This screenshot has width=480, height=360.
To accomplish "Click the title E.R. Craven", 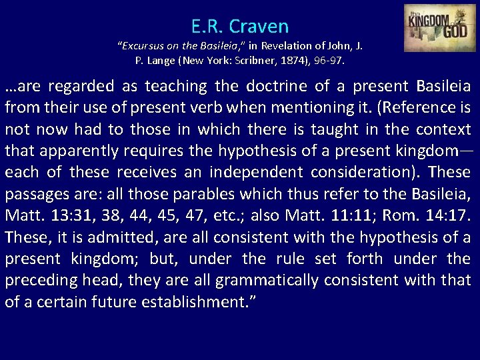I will (x=240, y=27).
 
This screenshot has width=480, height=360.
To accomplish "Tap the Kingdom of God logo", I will (x=439, y=28).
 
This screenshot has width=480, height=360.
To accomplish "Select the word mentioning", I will (x=289, y=108).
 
